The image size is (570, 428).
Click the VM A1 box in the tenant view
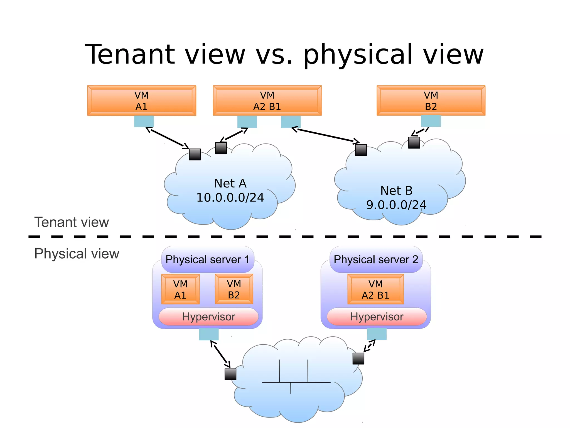tap(142, 101)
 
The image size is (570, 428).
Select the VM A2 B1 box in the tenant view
tap(267, 101)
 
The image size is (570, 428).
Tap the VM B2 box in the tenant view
tap(431, 101)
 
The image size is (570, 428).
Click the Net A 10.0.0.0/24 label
tap(230, 191)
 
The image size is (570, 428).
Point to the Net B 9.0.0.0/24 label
tap(396, 198)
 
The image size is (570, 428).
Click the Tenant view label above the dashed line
tap(72, 222)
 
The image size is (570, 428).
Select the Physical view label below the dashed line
tap(77, 254)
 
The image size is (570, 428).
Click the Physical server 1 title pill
tap(208, 259)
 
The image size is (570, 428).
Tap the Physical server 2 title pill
tap(376, 259)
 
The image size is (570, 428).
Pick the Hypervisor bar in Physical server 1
tap(208, 317)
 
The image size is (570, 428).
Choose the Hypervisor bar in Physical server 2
tap(377, 317)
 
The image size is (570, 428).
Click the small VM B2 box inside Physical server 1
tap(234, 289)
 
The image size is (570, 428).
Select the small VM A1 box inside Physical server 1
tap(180, 289)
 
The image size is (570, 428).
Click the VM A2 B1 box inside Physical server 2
tap(375, 289)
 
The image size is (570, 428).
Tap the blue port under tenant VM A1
tap(144, 121)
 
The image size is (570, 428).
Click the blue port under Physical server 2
tap(377, 334)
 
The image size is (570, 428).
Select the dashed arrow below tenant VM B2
tap(420, 132)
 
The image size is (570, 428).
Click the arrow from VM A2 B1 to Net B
tap(325, 135)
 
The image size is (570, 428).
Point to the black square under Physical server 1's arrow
tap(230, 374)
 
